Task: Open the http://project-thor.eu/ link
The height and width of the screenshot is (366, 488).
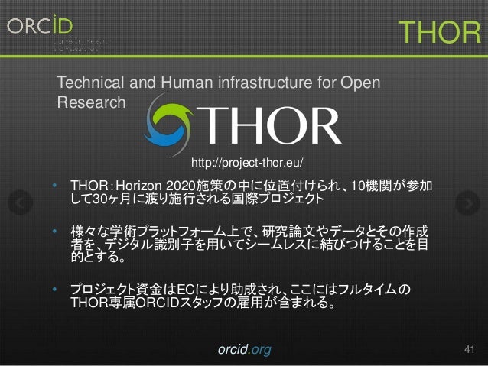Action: point(247,163)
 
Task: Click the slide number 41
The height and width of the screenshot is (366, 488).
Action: point(470,349)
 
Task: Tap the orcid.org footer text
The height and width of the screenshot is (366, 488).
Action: point(244,350)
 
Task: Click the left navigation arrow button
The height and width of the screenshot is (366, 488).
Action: point(22,202)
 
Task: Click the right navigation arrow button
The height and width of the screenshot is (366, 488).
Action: point(465,202)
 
